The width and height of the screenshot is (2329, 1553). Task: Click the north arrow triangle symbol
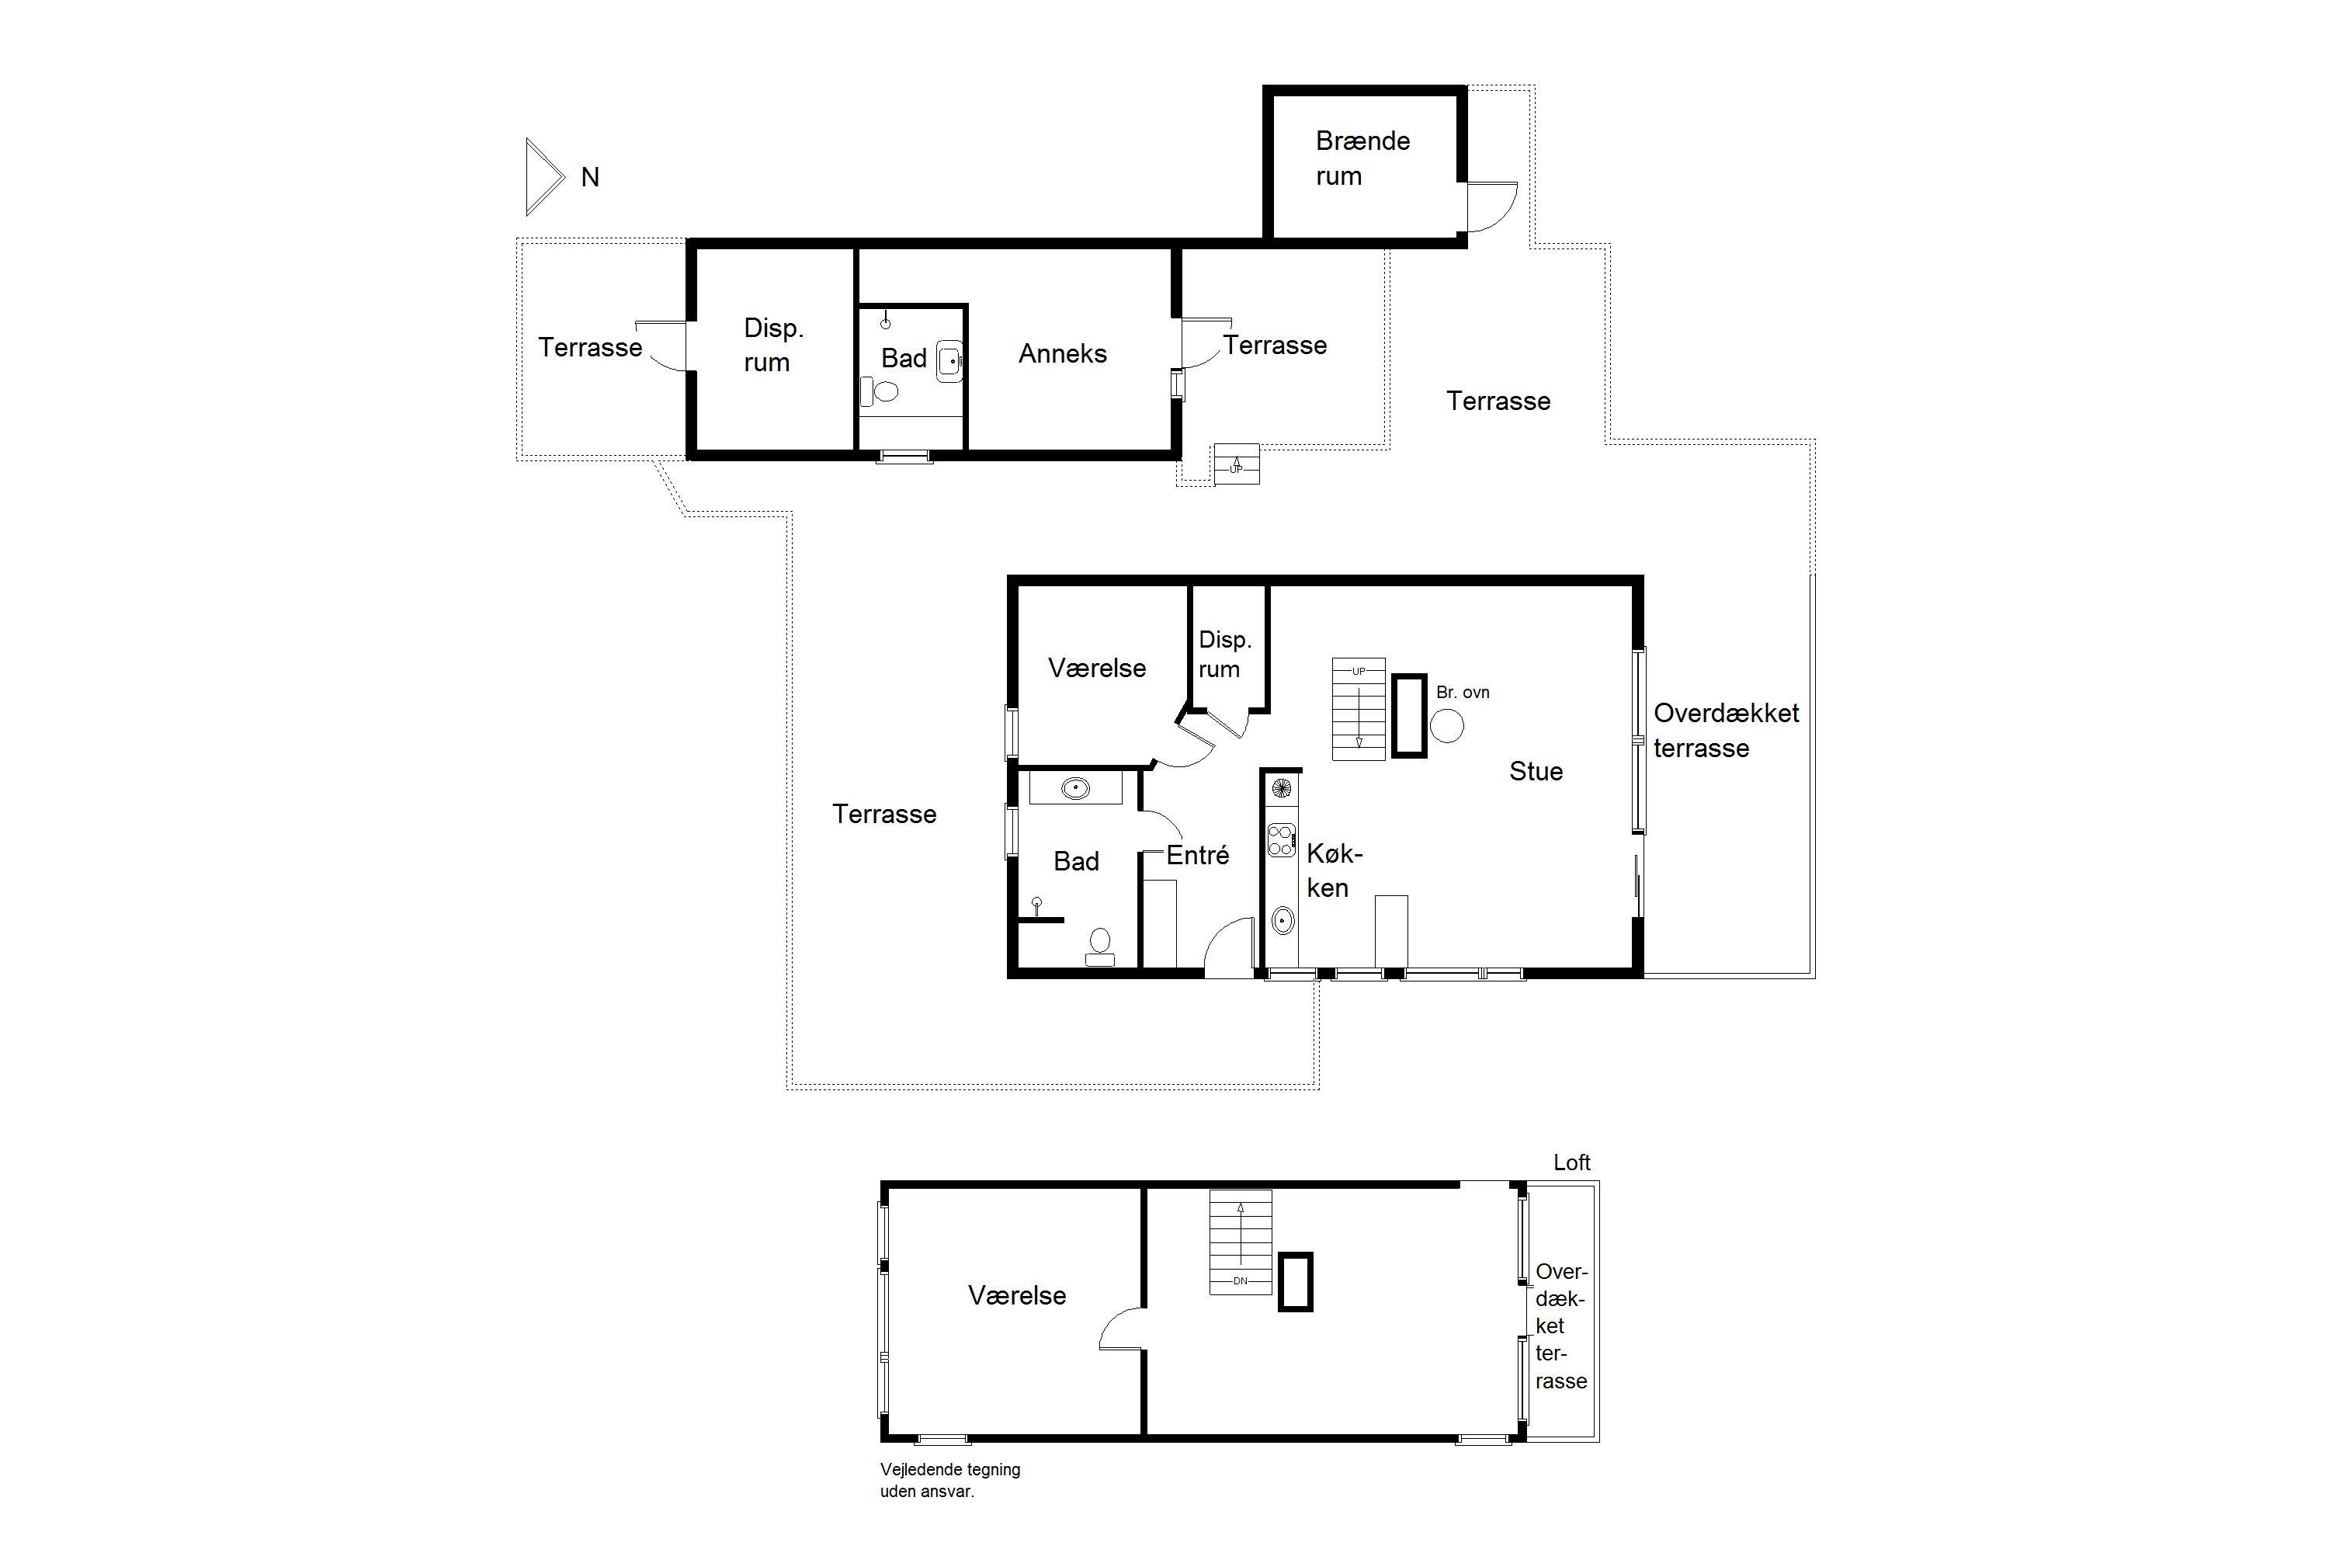pyautogui.click(x=543, y=177)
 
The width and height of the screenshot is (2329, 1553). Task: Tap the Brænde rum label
pyautogui.click(x=1362, y=158)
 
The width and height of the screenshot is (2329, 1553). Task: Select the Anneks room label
pyautogui.click(x=1063, y=353)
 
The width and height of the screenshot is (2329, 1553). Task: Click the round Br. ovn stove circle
pyautogui.click(x=1447, y=726)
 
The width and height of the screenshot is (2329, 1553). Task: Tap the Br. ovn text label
pyautogui.click(x=1463, y=693)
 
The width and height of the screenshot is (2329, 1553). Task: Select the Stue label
pyautogui.click(x=1536, y=772)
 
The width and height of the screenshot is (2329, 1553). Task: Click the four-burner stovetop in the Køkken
pyautogui.click(x=1282, y=840)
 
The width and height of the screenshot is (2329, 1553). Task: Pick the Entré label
pyautogui.click(x=1197, y=855)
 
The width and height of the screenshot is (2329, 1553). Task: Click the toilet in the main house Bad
pyautogui.click(x=1100, y=946)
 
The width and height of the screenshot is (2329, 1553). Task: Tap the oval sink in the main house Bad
pyautogui.click(x=1075, y=788)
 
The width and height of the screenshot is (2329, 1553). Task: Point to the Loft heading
pyautogui.click(x=1571, y=1162)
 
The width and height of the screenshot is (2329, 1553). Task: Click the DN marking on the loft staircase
pyautogui.click(x=1241, y=1280)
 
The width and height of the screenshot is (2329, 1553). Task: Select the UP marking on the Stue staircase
pyautogui.click(x=1359, y=672)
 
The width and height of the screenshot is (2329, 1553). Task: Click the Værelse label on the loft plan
pyautogui.click(x=1017, y=1295)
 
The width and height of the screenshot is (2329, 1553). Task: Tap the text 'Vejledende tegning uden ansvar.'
pyautogui.click(x=949, y=1480)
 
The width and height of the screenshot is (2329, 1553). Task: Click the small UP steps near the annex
pyautogui.click(x=1237, y=464)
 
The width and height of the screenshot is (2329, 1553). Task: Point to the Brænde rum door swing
pyautogui.click(x=1491, y=207)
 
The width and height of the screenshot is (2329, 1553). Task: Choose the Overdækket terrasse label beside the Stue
pyautogui.click(x=1726, y=730)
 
